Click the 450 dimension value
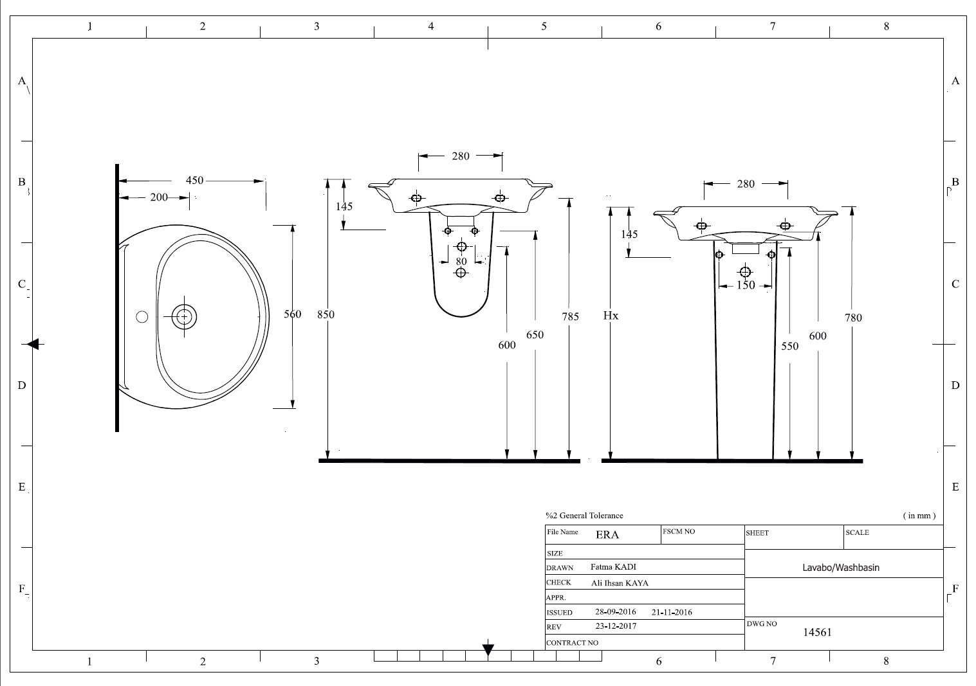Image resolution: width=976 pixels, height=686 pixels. point(194,180)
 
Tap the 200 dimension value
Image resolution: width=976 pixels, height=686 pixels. point(159,197)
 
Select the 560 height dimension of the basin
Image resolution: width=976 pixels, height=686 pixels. point(292,314)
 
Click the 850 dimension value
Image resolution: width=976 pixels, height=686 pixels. point(326,314)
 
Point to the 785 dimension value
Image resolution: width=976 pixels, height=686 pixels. point(570,316)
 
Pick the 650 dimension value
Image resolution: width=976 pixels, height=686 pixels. point(535,335)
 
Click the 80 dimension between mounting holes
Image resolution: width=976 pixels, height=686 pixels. point(461,261)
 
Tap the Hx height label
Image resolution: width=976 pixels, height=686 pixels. point(611,316)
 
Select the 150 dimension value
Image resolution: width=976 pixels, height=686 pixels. point(746,285)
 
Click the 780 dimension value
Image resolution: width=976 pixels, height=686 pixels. point(853,318)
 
